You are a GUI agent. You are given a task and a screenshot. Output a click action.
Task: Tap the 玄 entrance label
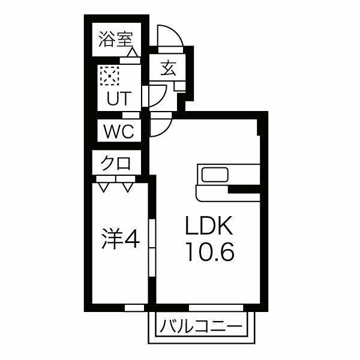pos(167,68)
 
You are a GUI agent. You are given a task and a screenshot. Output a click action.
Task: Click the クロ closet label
pos(115,162)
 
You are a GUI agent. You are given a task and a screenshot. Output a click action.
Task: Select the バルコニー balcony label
pos(202,327)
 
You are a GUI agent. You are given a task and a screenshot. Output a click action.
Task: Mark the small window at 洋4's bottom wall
pos(135,307)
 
